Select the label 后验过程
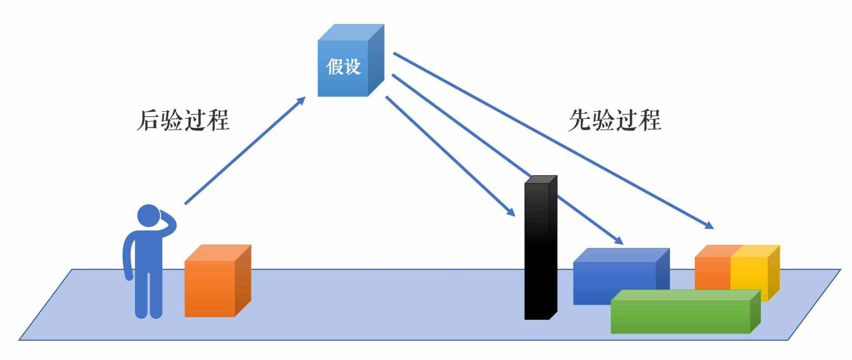pyautogui.click(x=183, y=120)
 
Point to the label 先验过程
pyautogui.click(x=615, y=120)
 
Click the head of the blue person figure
pyautogui.click(x=148, y=216)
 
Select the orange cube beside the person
pyautogui.click(x=213, y=284)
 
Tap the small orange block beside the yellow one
pyautogui.click(x=712, y=271)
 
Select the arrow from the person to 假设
pyautogui.click(x=244, y=151)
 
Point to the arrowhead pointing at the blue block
pyautogui.click(x=619, y=241)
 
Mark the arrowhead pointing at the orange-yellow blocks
pyautogui.click(x=709, y=225)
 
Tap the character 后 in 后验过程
pyautogui.click(x=148, y=120)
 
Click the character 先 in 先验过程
pyautogui.click(x=580, y=120)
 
